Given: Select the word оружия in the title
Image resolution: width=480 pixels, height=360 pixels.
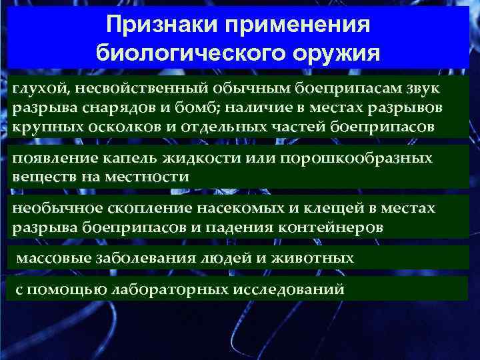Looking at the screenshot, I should tap(334, 52).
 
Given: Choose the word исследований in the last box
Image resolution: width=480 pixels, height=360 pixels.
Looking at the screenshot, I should tap(288, 291).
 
